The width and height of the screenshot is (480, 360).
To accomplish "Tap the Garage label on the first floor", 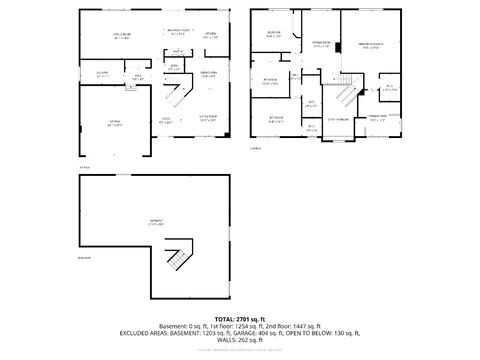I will click(x=113, y=119).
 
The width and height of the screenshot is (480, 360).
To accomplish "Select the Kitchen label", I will click(x=210, y=35).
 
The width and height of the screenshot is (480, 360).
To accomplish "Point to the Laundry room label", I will click(x=102, y=74).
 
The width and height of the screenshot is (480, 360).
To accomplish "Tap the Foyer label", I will click(x=166, y=119).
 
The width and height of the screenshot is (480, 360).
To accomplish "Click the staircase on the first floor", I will click(x=177, y=96).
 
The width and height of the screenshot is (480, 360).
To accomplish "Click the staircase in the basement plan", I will click(x=178, y=255).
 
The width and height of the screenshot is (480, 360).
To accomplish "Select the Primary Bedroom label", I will click(x=370, y=45).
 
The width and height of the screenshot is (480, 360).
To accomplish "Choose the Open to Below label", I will click(x=338, y=119).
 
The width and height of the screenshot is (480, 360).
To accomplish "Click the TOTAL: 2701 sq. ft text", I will click(x=239, y=317).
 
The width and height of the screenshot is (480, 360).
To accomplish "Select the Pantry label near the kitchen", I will click(x=177, y=50).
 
